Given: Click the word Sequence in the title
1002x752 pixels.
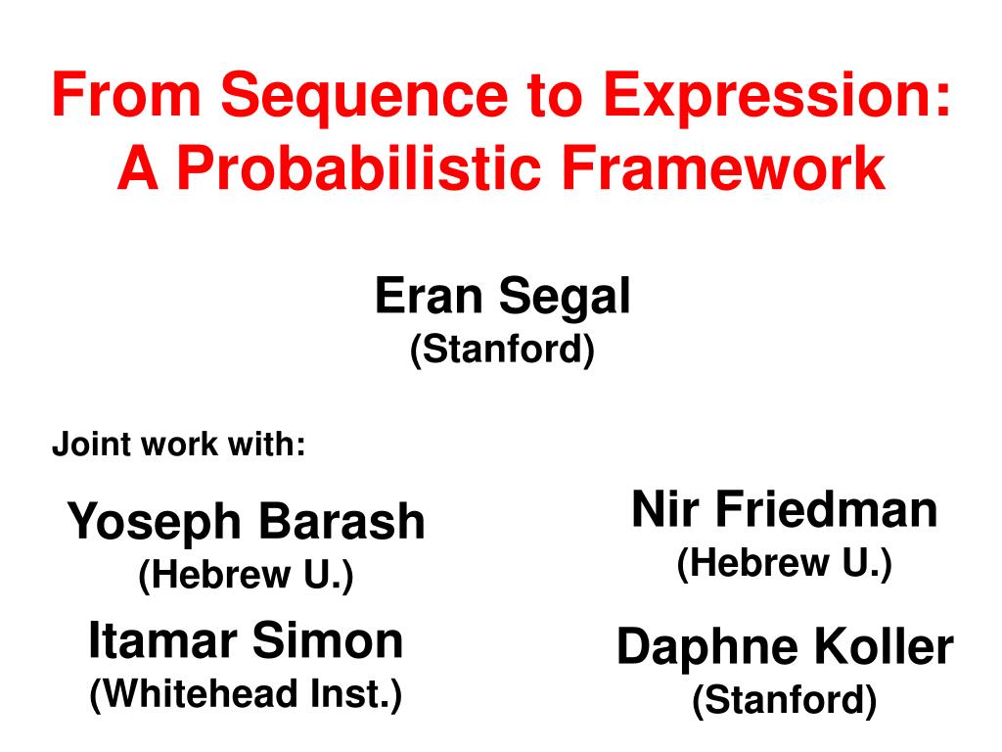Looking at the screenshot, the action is (x=364, y=97).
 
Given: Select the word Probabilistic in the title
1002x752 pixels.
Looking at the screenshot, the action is (x=358, y=167).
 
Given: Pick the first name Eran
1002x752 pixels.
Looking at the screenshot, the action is (x=429, y=296).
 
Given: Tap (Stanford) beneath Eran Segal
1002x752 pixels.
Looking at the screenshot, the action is (x=502, y=350).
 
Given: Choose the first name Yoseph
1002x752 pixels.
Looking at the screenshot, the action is (x=154, y=523).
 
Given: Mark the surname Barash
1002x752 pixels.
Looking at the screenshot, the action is (x=342, y=521).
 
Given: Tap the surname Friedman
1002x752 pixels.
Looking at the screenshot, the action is (x=826, y=509).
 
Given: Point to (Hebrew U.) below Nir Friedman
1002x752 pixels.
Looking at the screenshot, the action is (x=784, y=563).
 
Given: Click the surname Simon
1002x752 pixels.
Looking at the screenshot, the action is (x=328, y=640).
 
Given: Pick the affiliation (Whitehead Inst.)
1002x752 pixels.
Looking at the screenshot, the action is (x=246, y=694).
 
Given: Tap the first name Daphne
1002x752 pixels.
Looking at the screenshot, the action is (x=707, y=648).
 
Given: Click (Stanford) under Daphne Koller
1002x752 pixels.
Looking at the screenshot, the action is (x=784, y=699).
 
